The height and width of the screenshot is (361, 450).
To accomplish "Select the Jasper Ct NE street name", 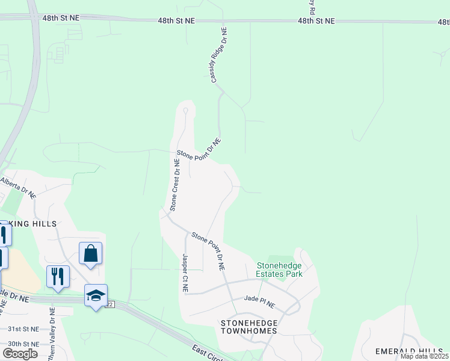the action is [185, 273].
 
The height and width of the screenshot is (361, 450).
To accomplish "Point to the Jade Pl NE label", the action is [259, 298].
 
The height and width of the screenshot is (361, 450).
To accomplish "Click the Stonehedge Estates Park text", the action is [280, 269].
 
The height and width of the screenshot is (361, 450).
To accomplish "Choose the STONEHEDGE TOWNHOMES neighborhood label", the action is [249, 327].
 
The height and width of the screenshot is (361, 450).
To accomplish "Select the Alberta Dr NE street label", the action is [18, 187].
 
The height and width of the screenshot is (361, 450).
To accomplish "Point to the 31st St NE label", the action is [23, 329].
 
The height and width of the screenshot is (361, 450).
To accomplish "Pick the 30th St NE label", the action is [23, 344].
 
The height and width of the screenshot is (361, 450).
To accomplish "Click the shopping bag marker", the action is [90, 254].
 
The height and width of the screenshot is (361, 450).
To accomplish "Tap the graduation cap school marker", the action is [96, 295].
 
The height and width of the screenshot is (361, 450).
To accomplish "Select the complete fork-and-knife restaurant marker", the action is [58, 277].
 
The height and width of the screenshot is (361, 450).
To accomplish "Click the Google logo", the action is [20, 353].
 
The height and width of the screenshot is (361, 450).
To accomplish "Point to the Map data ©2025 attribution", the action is [425, 357].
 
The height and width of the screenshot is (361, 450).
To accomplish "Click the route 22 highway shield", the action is [109, 304].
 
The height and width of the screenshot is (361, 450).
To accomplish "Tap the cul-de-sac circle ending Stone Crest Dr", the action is [186, 111].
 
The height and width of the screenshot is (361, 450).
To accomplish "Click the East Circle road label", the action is [208, 353].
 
